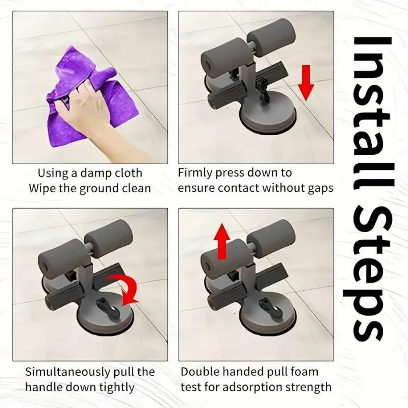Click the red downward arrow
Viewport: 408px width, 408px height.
[x=306, y=83]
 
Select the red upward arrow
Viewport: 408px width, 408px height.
[x=222, y=241]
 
